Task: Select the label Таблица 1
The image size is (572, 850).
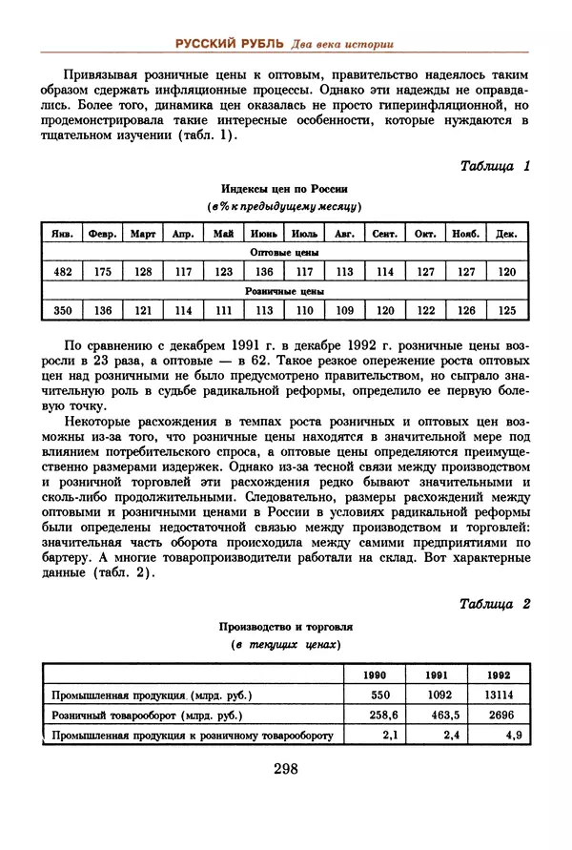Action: pyautogui.click(x=494, y=165)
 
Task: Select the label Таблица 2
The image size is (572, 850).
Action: pyautogui.click(x=494, y=604)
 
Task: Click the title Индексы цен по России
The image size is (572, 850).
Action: pyautogui.click(x=284, y=189)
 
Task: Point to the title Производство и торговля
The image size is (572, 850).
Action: pyautogui.click(x=286, y=628)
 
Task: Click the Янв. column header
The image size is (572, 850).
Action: pyautogui.click(x=61, y=233)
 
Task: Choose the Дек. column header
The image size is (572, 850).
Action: pyautogui.click(x=507, y=233)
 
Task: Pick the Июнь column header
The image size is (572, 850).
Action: pyautogui.click(x=264, y=233)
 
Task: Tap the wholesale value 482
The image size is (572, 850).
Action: pyautogui.click(x=61, y=272)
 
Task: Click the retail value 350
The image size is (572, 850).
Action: pyautogui.click(x=61, y=310)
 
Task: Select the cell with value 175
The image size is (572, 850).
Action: pyautogui.click(x=102, y=272)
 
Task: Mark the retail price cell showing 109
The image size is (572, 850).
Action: pyautogui.click(x=345, y=310)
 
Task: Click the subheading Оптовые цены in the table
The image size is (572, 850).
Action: pyautogui.click(x=284, y=253)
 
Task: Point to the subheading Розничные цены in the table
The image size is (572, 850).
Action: pyautogui.click(x=284, y=291)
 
